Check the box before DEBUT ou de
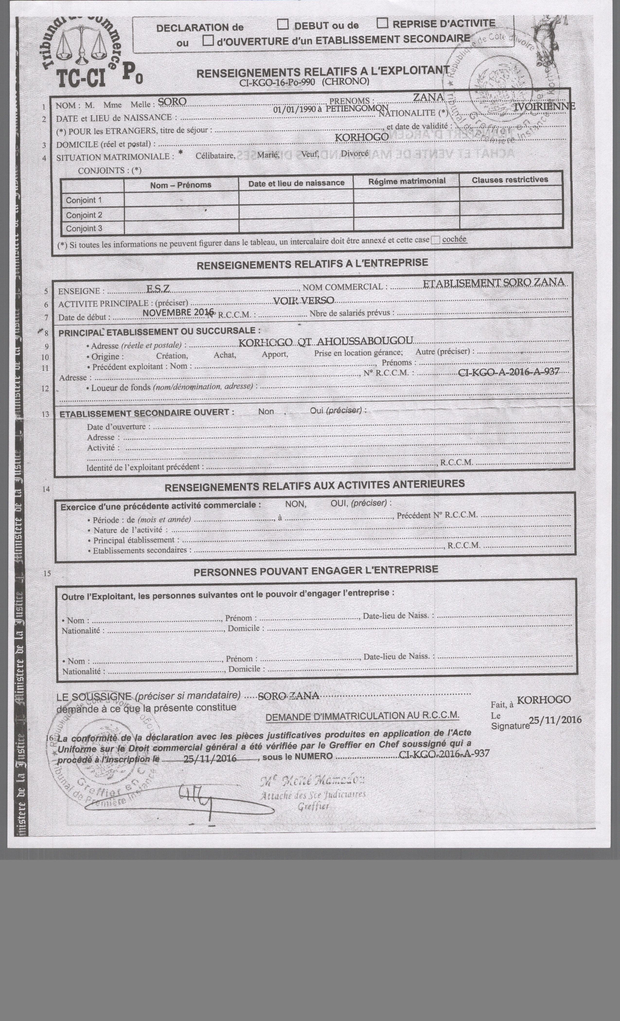[283, 25]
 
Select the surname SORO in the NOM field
[172, 102]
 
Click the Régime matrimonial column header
[407, 181]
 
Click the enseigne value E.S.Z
[158, 289]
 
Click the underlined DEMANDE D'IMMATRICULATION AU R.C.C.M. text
[362, 716]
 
